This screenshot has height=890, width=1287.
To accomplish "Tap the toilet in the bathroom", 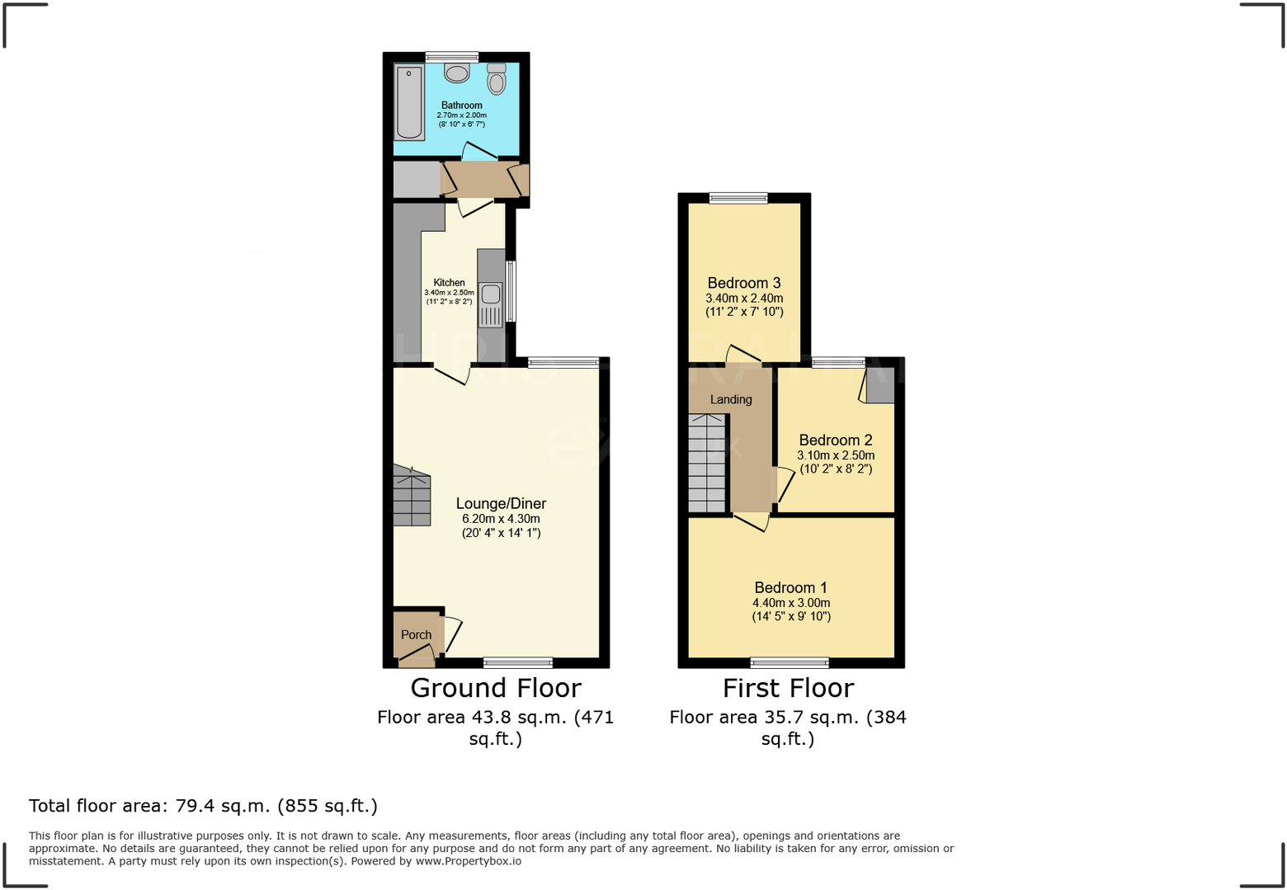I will pyautogui.click(x=496, y=79).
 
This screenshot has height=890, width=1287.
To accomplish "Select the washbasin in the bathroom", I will pyautogui.click(x=456, y=73).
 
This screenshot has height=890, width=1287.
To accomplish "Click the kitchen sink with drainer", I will pyautogui.click(x=491, y=304).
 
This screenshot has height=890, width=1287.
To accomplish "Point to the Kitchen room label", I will pyautogui.click(x=449, y=282).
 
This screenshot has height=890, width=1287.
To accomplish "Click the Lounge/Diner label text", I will pyautogui.click(x=501, y=503).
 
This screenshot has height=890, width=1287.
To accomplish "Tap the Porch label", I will pyautogui.click(x=416, y=634).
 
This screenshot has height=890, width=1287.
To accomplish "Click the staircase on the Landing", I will pyautogui.click(x=707, y=464).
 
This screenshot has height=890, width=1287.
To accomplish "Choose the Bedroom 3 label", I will pyautogui.click(x=743, y=283).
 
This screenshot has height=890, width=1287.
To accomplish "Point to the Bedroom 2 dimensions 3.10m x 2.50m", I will pyautogui.click(x=836, y=455).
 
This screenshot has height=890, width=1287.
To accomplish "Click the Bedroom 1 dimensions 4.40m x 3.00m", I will pyautogui.click(x=790, y=603).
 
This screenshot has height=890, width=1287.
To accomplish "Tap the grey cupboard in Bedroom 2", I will pyautogui.click(x=879, y=385).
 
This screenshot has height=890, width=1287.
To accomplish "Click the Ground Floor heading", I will pyautogui.click(x=496, y=688).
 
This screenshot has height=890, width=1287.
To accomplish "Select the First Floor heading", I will pyautogui.click(x=788, y=688).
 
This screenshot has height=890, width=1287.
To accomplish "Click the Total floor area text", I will pyautogui.click(x=203, y=806).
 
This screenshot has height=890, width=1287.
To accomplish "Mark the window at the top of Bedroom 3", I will pyautogui.click(x=738, y=198).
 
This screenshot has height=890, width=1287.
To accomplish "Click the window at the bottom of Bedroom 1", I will pyautogui.click(x=790, y=662).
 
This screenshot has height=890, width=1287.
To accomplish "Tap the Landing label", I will pyautogui.click(x=731, y=399).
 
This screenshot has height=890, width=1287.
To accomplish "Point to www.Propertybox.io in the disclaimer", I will pyautogui.click(x=468, y=861).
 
